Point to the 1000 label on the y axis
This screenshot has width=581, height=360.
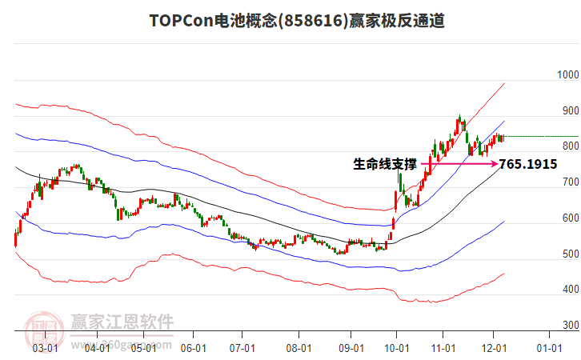coord(568,75)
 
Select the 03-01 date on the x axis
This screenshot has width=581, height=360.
coord(45,348)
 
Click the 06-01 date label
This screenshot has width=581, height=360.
coord(194,348)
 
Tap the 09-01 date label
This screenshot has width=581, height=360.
coord(351,348)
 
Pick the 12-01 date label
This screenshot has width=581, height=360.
coord(494,348)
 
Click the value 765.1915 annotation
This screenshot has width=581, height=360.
coord(528,165)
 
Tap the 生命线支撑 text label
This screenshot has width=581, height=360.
coord(385,165)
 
